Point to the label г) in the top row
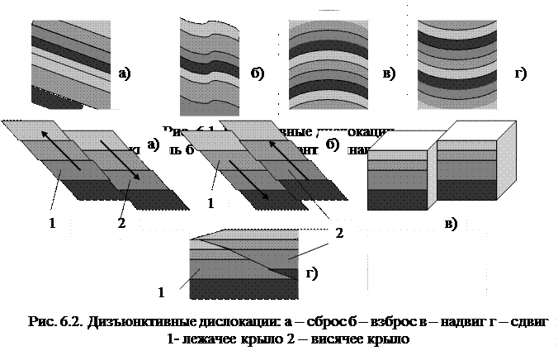tap(521, 73)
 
